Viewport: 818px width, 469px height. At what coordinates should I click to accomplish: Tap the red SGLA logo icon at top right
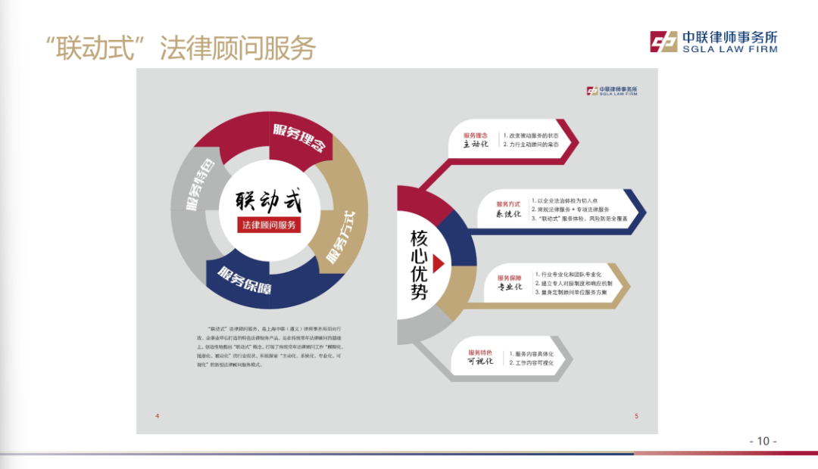pyautogui.click(x=663, y=42)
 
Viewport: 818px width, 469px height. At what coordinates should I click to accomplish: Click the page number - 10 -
pyautogui.click(x=763, y=441)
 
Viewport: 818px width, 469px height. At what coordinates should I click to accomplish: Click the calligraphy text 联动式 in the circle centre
pyautogui.click(x=268, y=202)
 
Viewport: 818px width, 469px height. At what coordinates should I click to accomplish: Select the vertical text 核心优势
pyautogui.click(x=419, y=265)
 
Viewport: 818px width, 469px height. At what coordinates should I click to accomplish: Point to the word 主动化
pyautogui.click(x=477, y=144)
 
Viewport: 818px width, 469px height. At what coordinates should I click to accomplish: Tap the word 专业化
pyautogui.click(x=509, y=287)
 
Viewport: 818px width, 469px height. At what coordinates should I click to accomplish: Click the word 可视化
pyautogui.click(x=480, y=362)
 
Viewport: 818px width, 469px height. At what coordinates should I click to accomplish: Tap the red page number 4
pyautogui.click(x=157, y=416)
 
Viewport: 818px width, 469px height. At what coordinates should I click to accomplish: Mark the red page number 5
pyautogui.click(x=636, y=416)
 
